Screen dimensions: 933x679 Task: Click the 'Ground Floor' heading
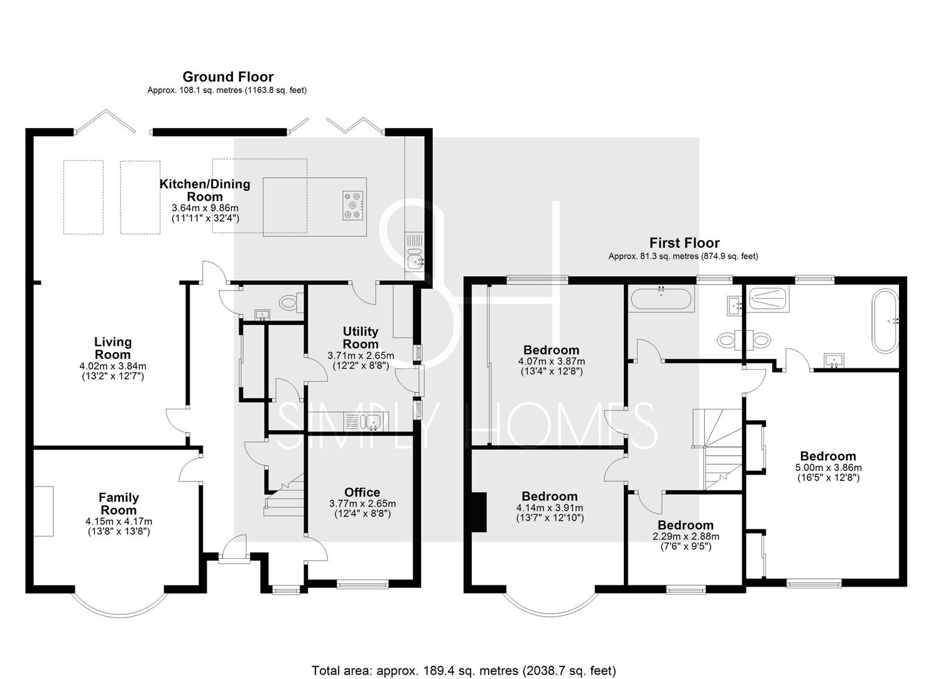[x=228, y=77]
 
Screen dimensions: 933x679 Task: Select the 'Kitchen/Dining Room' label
[x=205, y=190]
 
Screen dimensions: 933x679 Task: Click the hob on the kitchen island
[x=353, y=205]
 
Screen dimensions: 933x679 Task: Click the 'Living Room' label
[x=113, y=348]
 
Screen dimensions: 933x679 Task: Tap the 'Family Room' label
[x=119, y=504]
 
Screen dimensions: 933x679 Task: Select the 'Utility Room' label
[x=361, y=338]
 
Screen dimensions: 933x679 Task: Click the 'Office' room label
[x=362, y=492]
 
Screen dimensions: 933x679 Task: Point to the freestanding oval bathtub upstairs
[x=885, y=321]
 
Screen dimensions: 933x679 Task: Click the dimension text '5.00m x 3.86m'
[x=828, y=468]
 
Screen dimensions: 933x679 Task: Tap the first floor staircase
[x=717, y=449]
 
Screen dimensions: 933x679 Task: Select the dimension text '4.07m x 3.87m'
[x=552, y=361]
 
